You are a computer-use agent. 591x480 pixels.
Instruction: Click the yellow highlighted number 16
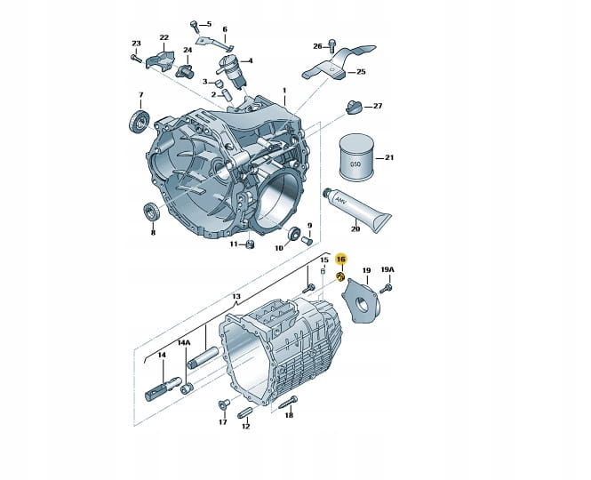coord(340,259)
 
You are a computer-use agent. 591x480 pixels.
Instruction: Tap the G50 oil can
coord(356,157)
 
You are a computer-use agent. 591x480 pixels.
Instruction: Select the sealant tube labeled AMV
coord(356,210)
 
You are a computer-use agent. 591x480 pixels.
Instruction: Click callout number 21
coord(389,157)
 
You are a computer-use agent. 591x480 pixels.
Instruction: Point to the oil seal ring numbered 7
coord(140,122)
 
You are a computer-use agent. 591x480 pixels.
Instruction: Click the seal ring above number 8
coord(152,212)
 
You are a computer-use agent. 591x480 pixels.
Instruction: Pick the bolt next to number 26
coord(332,45)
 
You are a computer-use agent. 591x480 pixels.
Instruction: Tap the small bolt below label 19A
coord(387,289)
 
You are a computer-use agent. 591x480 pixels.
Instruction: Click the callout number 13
coord(236,296)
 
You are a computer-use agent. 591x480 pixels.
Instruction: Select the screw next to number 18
coord(288,403)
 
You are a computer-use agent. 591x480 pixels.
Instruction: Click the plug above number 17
coord(223,404)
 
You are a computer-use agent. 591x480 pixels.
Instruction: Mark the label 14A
coord(184,343)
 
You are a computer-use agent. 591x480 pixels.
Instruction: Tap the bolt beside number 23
coord(136,58)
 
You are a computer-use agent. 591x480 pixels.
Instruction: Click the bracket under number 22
coord(161,60)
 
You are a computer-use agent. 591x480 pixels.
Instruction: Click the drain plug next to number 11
coord(250,244)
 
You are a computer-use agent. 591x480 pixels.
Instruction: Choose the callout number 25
coord(361,72)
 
